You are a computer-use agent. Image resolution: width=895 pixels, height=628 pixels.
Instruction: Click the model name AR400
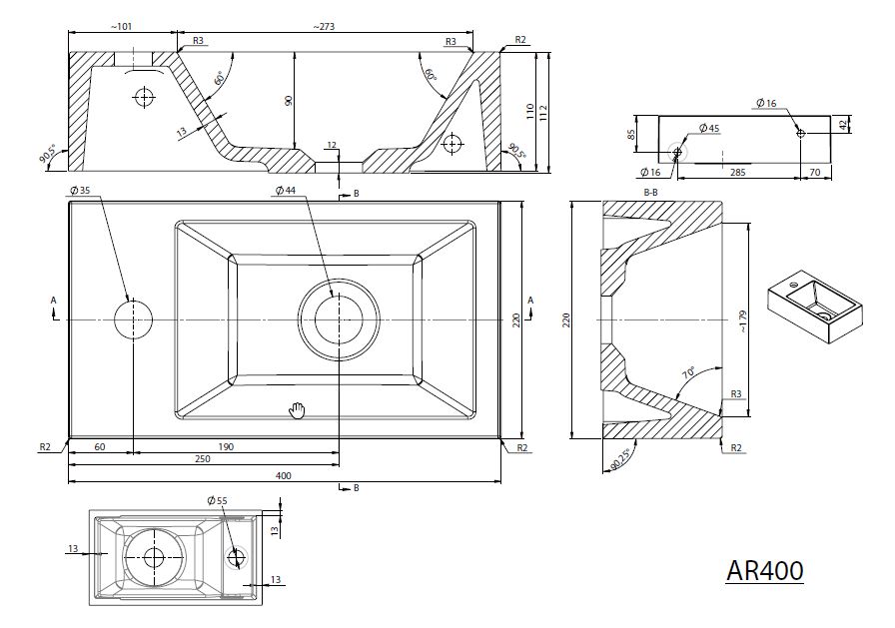(764, 570)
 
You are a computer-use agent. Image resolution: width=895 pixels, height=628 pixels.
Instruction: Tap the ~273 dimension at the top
(323, 27)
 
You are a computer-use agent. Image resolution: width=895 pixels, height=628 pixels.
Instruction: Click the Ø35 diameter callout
(80, 191)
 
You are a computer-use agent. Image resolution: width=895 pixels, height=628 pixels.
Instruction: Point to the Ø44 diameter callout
(286, 191)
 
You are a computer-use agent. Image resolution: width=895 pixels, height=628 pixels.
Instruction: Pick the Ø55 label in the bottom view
(217, 499)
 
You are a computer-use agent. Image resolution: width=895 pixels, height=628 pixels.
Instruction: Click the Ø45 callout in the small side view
(709, 129)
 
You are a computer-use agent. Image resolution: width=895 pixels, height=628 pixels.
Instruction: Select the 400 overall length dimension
(283, 476)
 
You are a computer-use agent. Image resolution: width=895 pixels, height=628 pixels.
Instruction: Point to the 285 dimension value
(738, 173)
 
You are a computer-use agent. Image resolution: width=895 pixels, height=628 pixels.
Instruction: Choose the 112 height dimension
(542, 111)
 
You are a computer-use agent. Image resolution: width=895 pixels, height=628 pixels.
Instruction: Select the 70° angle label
(688, 372)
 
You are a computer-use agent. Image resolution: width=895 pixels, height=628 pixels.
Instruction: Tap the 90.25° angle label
(619, 456)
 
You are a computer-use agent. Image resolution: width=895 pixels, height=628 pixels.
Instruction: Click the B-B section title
(651, 190)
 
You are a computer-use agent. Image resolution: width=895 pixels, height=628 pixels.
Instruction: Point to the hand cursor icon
(297, 408)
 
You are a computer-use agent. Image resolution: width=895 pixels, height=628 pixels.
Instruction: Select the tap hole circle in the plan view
(133, 318)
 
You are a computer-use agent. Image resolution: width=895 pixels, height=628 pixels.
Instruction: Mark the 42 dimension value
(845, 124)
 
